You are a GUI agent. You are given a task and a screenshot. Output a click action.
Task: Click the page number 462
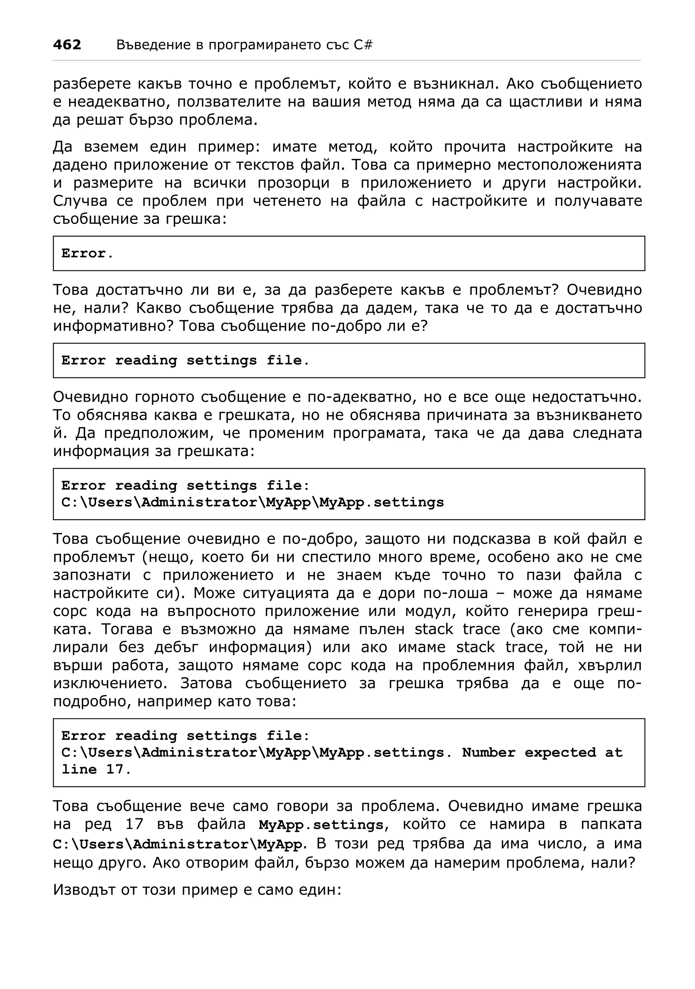[67, 45]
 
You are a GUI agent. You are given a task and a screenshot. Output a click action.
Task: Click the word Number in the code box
[488, 752]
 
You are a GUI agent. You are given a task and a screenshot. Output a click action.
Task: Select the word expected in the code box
[560, 752]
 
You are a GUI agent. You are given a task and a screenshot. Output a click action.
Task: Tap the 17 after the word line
[115, 769]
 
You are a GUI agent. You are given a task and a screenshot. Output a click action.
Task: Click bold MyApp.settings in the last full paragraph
[321, 824]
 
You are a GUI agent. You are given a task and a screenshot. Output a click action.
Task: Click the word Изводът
[85, 890]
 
